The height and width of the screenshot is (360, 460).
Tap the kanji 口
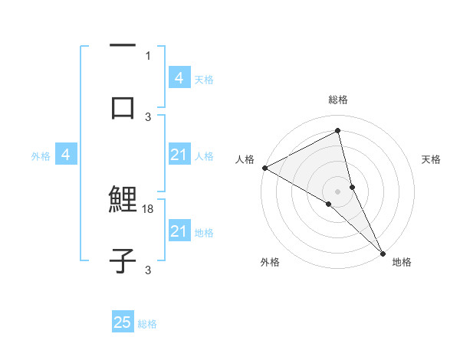click(123, 107)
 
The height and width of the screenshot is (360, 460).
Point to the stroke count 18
click(149, 208)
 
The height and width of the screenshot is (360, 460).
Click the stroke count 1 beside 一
click(148, 56)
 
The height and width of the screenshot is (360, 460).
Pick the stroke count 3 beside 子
click(148, 270)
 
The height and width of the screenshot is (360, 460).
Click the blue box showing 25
click(123, 322)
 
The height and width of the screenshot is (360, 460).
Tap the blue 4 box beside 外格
click(66, 155)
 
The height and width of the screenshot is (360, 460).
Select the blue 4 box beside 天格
click(179, 77)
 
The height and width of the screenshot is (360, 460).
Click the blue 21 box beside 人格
click(179, 155)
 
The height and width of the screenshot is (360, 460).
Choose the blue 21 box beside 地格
click(179, 231)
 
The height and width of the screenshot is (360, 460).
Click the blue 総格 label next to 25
click(147, 324)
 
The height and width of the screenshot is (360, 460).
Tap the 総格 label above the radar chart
click(338, 100)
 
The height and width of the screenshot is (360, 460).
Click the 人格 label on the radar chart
click(245, 159)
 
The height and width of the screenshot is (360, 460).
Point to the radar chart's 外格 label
click(270, 262)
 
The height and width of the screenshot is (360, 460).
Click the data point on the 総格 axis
click(338, 130)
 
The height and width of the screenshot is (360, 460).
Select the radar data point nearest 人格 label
click(264, 168)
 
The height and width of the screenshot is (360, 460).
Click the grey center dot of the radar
click(338, 191)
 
